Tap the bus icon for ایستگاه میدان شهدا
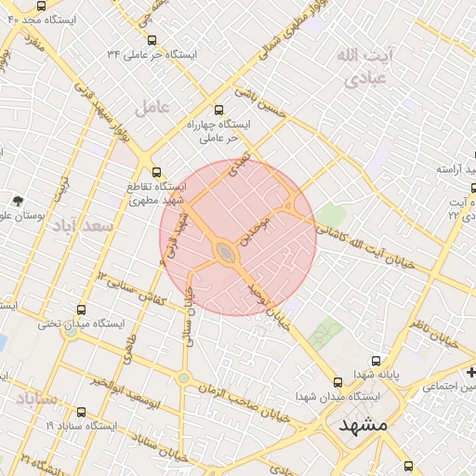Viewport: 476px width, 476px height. coord(337,381)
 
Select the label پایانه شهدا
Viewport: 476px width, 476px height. coord(377,374)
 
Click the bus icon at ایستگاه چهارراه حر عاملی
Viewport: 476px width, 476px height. coord(218,109)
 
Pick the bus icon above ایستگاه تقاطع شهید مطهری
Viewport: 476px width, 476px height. coord(156,171)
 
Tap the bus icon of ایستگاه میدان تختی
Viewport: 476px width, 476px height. coord(81,311)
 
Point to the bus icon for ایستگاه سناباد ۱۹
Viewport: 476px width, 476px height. coord(81,412)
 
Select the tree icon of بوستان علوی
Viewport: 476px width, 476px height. coord(18,200)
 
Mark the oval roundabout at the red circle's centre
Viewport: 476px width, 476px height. coord(226,251)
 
